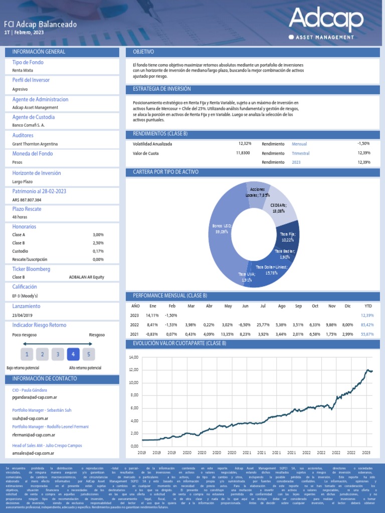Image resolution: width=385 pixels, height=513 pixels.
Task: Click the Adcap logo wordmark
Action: coord(325,19)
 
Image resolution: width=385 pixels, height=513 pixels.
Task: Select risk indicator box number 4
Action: coord(73,355)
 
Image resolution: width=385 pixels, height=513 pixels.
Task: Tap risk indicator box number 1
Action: coord(27,355)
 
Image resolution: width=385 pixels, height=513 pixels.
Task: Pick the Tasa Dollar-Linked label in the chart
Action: coord(271,270)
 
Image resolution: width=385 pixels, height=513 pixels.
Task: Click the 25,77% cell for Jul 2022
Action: coord(263,325)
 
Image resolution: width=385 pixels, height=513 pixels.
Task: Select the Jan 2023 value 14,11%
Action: coord(152,315)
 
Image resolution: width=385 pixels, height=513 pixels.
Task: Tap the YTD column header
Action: coord(368,306)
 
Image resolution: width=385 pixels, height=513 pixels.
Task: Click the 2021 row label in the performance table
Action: coord(135,334)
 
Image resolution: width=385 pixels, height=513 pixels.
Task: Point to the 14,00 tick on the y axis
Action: coord(133,357)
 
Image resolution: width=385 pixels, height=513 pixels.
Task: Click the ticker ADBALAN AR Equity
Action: coord(86,277)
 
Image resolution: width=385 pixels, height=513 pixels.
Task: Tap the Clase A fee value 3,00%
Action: coord(98,234)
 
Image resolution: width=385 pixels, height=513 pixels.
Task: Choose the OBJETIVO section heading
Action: coord(143,52)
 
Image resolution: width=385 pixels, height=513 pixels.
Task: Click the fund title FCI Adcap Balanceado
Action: coord(41,24)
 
